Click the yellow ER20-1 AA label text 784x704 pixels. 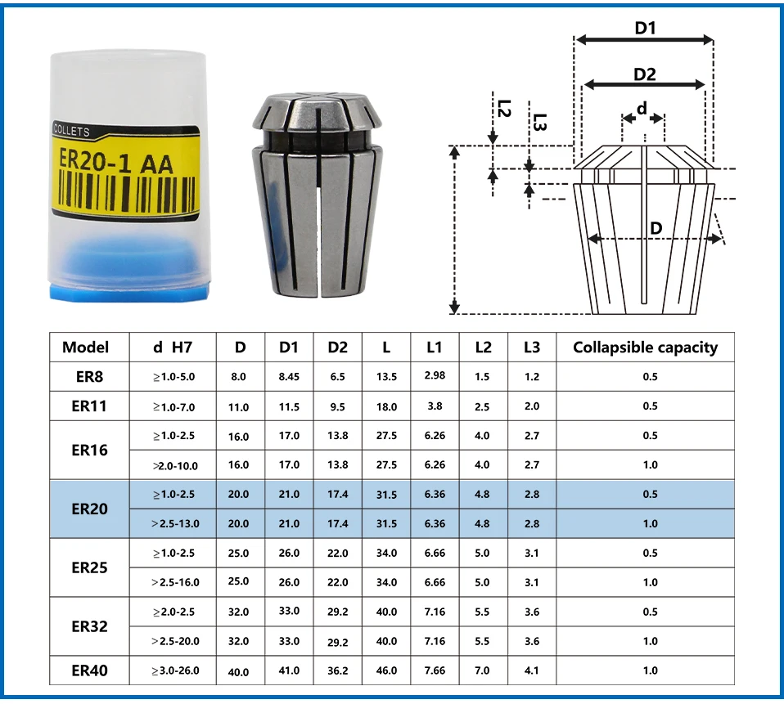point(113,162)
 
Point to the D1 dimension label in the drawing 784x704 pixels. point(646,28)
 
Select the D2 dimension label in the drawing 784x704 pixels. point(645,74)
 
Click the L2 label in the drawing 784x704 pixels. point(504,108)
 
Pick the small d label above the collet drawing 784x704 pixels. point(642,108)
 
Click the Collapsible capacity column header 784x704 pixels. point(645,348)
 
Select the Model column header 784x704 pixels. point(85,348)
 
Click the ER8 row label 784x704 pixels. point(88,377)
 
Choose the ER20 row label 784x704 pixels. point(88,509)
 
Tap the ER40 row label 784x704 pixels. point(88,670)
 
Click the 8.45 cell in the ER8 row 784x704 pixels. point(290,377)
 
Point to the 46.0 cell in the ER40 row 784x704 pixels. point(386,670)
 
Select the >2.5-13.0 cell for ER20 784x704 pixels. point(174,523)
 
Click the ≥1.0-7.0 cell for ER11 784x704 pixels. point(174,406)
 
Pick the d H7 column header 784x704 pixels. point(173,348)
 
